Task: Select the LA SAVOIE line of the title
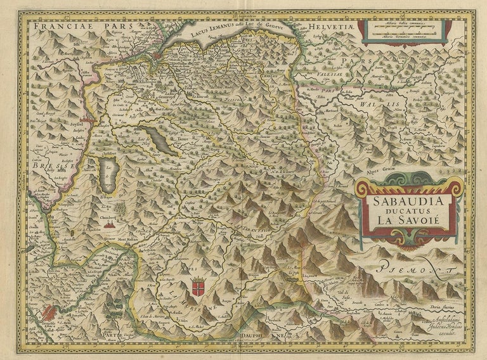(406, 221)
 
